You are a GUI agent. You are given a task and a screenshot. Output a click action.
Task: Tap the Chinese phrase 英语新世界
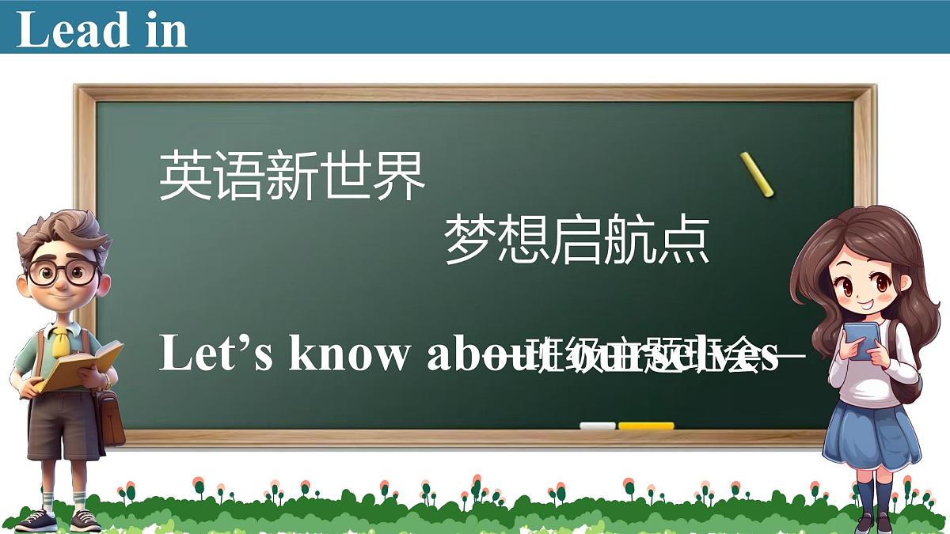tap(293, 176)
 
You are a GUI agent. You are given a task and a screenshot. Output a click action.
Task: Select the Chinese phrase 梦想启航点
tap(576, 240)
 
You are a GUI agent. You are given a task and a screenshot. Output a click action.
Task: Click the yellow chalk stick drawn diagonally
tap(757, 175)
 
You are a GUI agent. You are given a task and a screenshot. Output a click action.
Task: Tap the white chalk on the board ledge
tap(597, 426)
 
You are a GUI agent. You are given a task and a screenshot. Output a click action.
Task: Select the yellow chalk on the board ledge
tap(646, 426)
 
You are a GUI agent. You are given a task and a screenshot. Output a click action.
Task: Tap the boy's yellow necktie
tap(61, 342)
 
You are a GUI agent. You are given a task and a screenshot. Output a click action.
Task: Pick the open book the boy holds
tap(79, 366)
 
